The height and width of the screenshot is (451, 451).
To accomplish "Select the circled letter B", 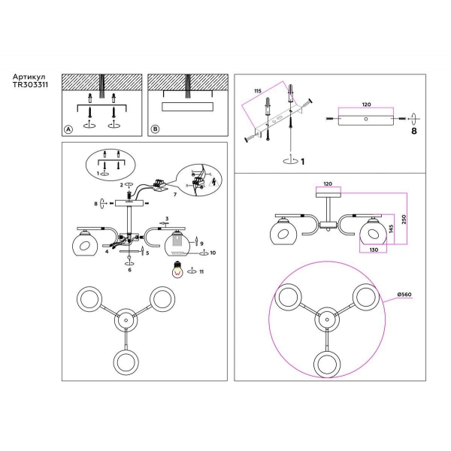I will (x=156, y=129).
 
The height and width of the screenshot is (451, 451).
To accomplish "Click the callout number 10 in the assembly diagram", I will (x=213, y=253).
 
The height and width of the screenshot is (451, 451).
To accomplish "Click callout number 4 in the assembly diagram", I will (x=107, y=253).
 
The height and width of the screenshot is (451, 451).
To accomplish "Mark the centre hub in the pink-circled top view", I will (x=326, y=321).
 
